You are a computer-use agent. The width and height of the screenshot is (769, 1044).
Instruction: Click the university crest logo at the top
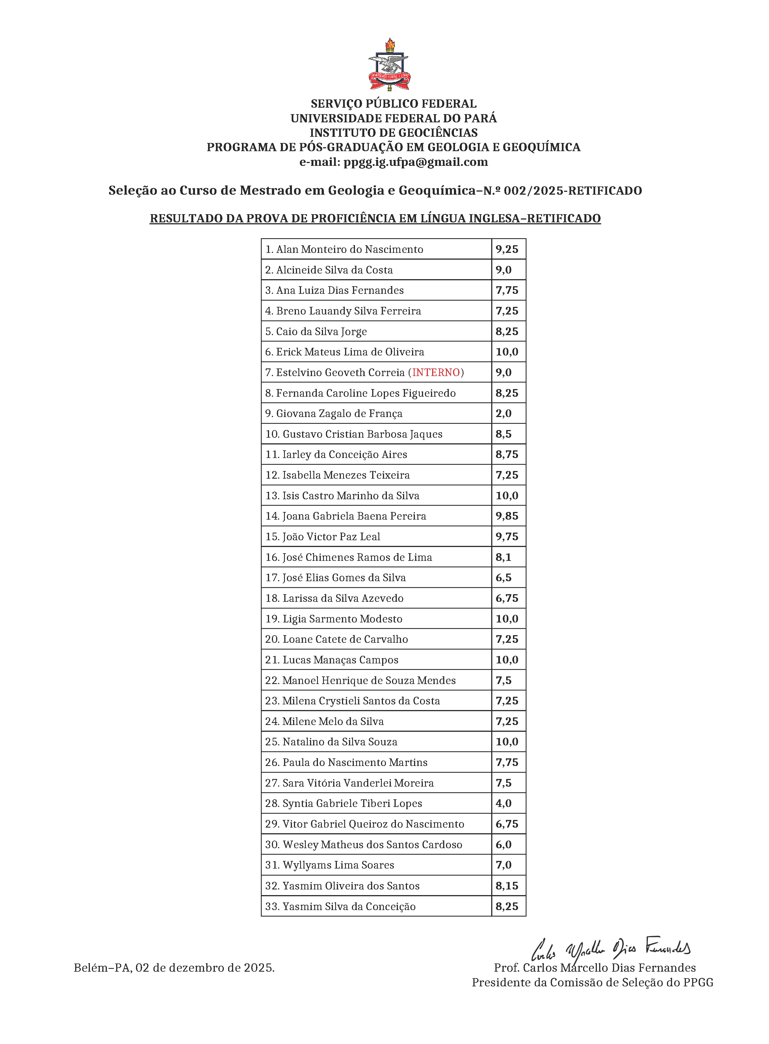[389, 65]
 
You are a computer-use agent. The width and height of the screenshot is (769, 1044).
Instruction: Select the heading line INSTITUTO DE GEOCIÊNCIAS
[393, 133]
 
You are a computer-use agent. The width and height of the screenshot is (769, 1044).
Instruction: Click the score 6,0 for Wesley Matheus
[503, 845]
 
